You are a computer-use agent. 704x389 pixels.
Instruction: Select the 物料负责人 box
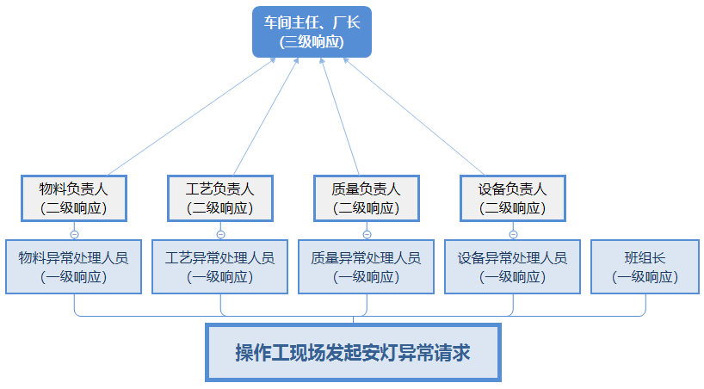74,198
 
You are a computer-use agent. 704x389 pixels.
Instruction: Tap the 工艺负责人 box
220,198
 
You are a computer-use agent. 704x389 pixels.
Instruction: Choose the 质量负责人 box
367,198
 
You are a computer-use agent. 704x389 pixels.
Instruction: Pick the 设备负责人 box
513,198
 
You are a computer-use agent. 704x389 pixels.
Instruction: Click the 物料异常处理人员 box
74,267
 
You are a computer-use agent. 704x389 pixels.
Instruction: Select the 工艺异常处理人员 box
220,267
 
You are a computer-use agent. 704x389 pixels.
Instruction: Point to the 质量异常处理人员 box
367,267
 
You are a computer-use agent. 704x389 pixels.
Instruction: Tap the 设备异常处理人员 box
513,267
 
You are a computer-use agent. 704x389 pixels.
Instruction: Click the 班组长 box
645,267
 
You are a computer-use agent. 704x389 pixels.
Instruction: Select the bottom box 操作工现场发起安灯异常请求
353,353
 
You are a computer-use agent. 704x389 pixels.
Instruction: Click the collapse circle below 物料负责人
74,233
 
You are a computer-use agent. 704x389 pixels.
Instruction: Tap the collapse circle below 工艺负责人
220,233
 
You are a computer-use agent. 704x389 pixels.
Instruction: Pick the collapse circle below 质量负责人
367,233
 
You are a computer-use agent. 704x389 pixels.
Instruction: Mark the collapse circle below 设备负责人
513,233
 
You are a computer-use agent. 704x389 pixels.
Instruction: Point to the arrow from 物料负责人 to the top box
189,116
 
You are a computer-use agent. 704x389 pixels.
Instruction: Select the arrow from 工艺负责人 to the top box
267,116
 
